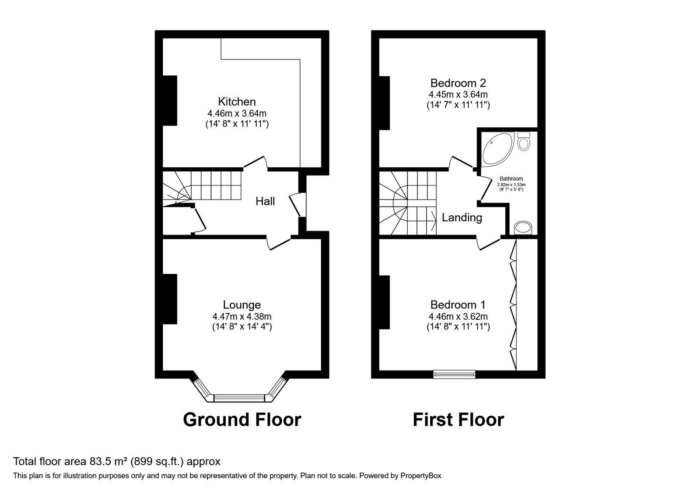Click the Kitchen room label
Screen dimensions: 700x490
[x=237, y=102]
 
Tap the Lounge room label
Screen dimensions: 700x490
[x=242, y=304]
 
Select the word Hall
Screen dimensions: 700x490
[x=265, y=201]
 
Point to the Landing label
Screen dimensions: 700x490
[x=462, y=218]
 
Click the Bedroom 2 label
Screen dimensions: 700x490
[x=458, y=83]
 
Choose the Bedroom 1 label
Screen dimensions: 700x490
[x=458, y=304]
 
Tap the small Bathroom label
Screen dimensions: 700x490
[x=511, y=179]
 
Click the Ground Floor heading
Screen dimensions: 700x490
[x=242, y=420]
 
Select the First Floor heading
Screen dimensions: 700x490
[x=458, y=420]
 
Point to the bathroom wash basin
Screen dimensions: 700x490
[x=523, y=228]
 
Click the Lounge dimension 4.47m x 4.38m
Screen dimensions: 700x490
[x=242, y=317]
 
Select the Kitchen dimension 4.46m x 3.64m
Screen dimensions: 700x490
[x=237, y=113]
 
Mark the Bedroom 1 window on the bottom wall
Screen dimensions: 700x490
[x=455, y=374]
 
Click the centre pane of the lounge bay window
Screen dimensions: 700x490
[x=239, y=398]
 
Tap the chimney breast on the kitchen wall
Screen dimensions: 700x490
[x=170, y=101]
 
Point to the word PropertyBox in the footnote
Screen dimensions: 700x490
[x=420, y=476]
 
